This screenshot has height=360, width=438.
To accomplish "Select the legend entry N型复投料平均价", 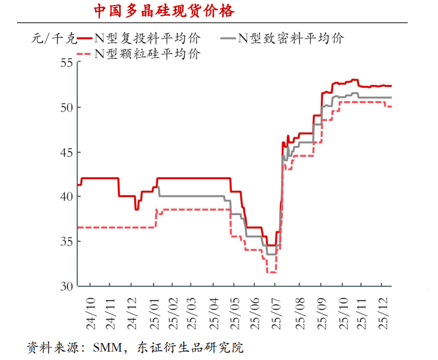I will point(147,38).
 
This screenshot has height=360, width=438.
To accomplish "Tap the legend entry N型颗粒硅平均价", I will point(147,54).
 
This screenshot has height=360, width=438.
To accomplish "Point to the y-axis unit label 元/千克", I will point(52,39).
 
